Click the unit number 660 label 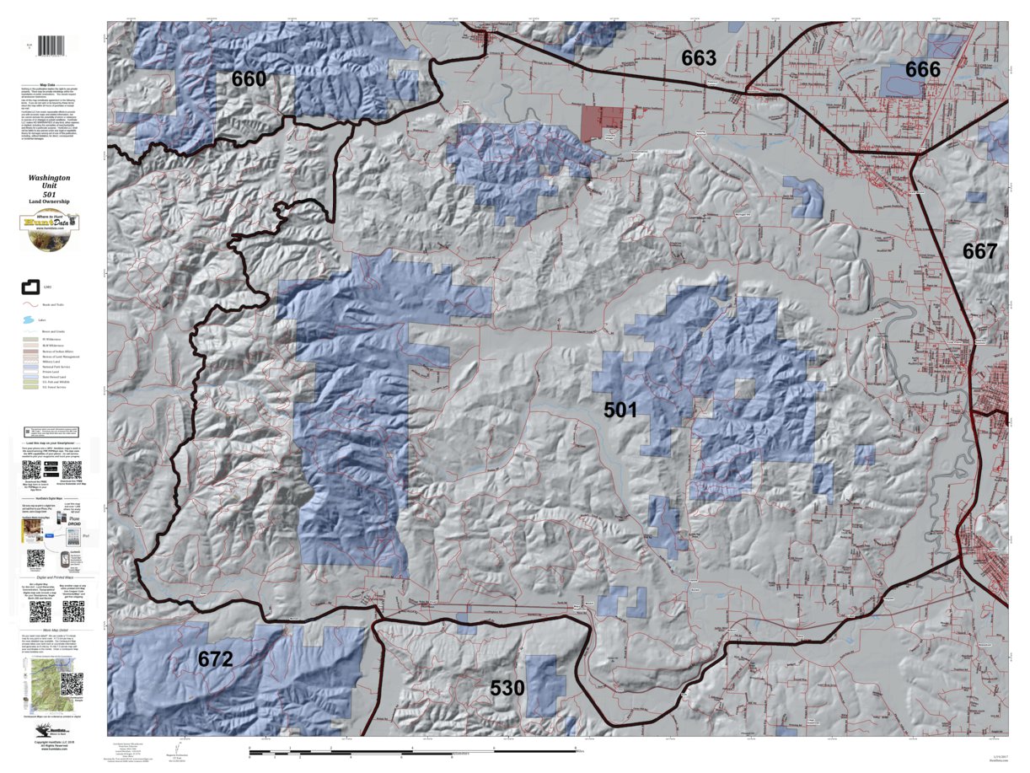249,79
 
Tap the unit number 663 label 699,58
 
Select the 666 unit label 923,70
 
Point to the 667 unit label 979,251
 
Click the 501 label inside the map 620,411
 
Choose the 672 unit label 215,659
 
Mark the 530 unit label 508,689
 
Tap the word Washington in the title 49,179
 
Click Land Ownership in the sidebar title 49,202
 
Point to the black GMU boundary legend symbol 31,288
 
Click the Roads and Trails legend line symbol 31,304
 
